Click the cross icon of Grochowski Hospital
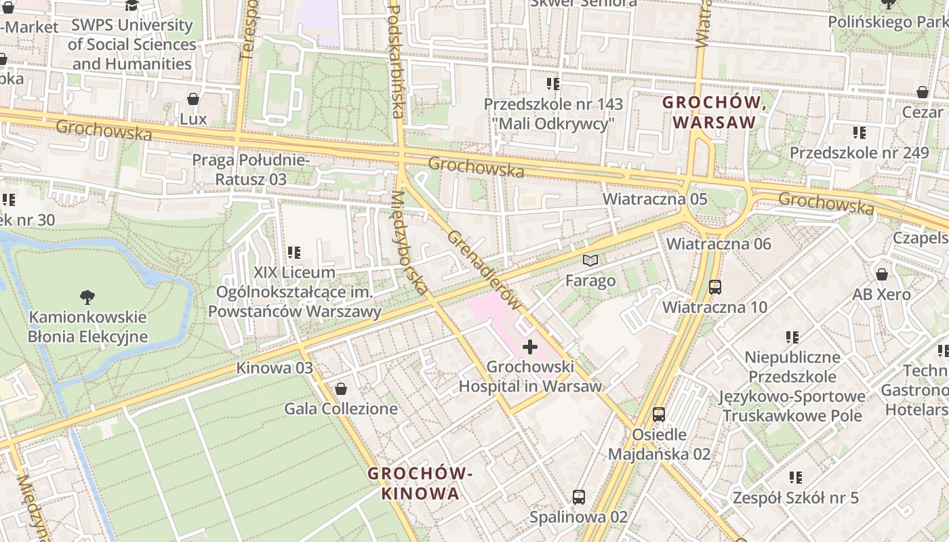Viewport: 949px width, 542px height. (530, 348)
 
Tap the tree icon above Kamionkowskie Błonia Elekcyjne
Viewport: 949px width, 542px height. (87, 297)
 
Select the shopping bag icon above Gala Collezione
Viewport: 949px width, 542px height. (340, 389)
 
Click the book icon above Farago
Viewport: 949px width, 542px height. (590, 260)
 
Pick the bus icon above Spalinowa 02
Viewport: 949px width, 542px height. (578, 497)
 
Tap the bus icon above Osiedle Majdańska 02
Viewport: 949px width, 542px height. (658, 414)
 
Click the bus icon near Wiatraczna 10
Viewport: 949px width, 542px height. (714, 287)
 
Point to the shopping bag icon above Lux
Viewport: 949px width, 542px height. (193, 99)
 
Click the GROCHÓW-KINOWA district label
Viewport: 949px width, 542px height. (420, 483)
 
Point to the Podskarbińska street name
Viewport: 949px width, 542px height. (395, 61)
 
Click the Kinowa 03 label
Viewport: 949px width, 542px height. (274, 368)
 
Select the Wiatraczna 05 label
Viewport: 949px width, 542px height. (655, 199)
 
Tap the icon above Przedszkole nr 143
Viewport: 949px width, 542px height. (552, 84)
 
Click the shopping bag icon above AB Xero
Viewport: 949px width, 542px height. (881, 274)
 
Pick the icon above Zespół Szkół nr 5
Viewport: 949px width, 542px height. (795, 478)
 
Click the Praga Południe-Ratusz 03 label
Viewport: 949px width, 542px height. (251, 169)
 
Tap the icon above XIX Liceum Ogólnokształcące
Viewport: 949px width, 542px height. (294, 253)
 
